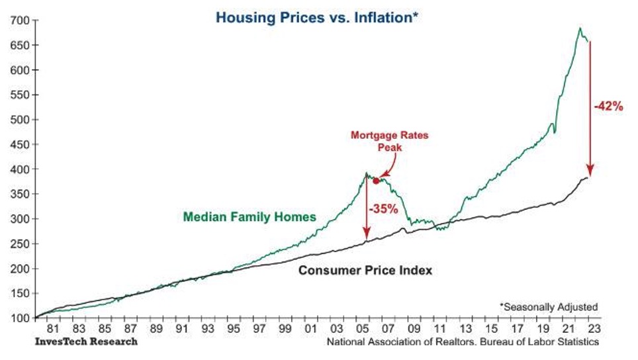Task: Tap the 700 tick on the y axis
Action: [17, 21]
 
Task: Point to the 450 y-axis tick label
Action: [17, 144]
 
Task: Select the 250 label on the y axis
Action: [17, 244]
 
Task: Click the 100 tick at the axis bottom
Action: [17, 318]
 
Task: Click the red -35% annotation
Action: [383, 210]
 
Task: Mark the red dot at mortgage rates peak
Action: [376, 181]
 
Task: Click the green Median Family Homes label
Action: [249, 216]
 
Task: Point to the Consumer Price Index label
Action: [365, 271]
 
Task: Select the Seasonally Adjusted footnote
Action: [548, 306]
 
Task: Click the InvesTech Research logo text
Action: [87, 341]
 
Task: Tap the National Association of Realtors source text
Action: [462, 342]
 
